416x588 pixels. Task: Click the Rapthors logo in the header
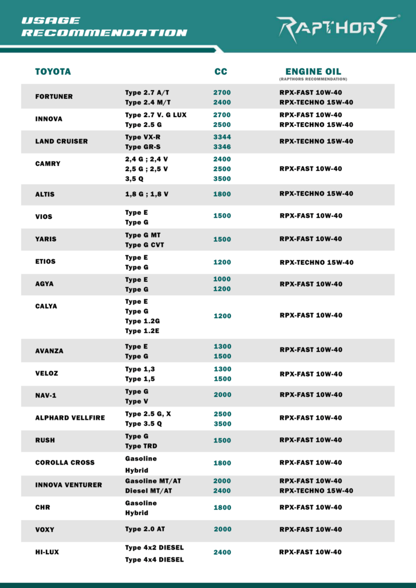(x=337, y=28)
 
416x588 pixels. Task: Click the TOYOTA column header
(x=53, y=72)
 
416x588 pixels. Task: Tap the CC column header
(x=221, y=72)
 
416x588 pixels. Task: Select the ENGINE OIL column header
(x=313, y=72)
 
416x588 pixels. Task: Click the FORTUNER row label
(x=54, y=96)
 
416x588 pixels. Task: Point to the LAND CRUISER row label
(x=61, y=141)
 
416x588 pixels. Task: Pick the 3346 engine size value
(x=222, y=147)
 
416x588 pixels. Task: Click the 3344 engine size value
(x=222, y=137)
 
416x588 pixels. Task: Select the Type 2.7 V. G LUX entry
(x=156, y=115)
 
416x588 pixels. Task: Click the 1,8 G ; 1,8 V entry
(x=147, y=194)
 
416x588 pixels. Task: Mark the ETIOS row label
(x=46, y=261)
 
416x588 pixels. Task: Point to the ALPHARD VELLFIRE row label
(x=70, y=417)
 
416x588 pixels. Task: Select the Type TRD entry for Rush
(x=141, y=446)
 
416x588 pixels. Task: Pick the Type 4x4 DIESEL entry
(x=155, y=559)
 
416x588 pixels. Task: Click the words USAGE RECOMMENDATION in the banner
(x=104, y=27)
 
